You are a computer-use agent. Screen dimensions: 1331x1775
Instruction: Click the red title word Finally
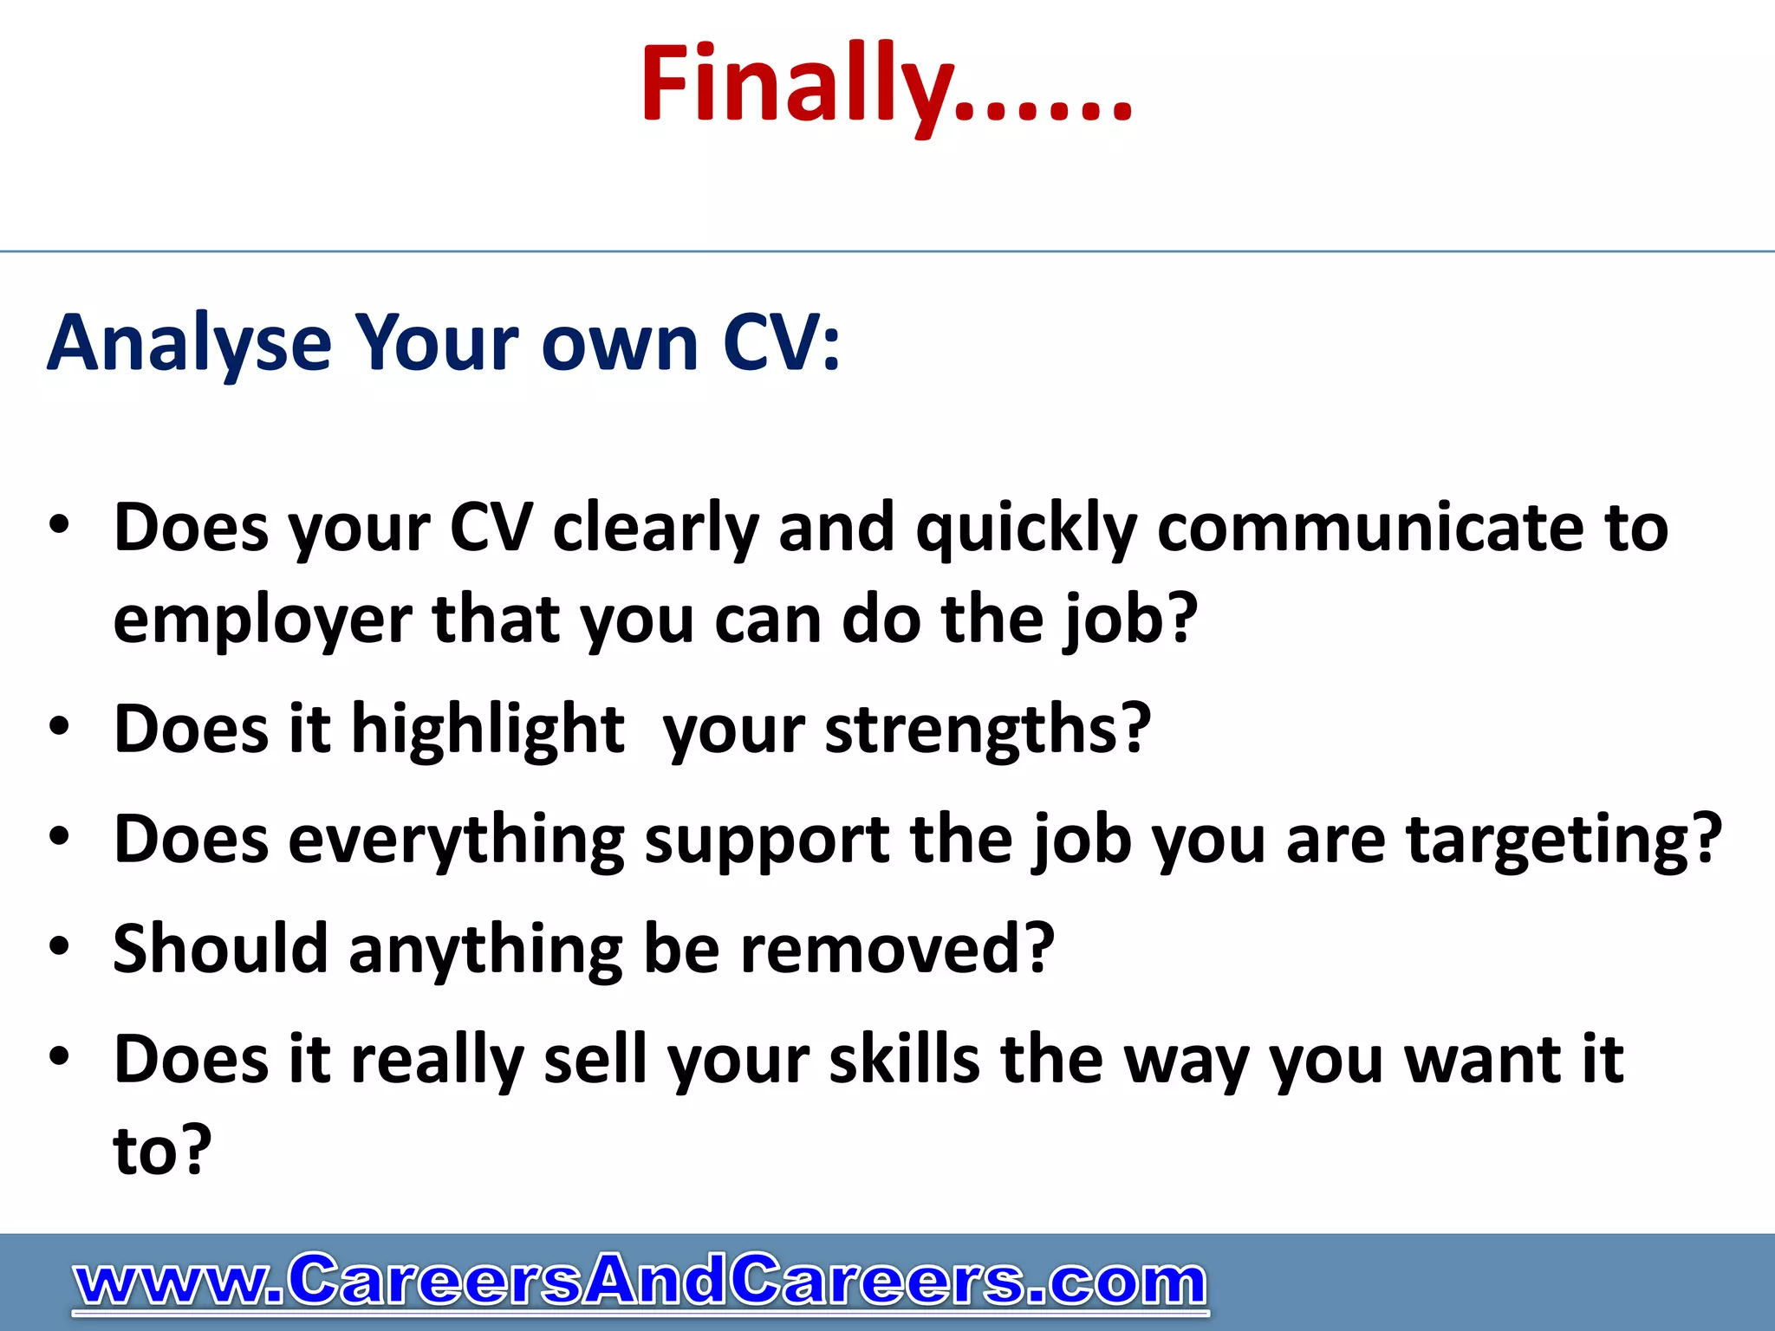[x=884, y=85]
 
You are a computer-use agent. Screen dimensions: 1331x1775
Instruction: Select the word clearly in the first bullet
[x=655, y=529]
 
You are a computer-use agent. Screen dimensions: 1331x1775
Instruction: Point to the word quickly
[x=1026, y=529]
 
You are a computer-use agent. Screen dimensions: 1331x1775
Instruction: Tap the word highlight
[x=487, y=730]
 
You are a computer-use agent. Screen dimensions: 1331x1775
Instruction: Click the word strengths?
[x=988, y=730]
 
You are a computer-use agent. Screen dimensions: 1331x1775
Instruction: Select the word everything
[x=455, y=841]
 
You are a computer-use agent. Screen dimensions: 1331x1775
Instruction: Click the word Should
[x=220, y=949]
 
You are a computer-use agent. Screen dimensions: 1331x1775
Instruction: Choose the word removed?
[x=897, y=949]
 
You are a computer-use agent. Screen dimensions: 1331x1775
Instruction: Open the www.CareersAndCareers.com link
[x=640, y=1281]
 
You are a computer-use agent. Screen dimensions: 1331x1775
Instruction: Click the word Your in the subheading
[x=439, y=344]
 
